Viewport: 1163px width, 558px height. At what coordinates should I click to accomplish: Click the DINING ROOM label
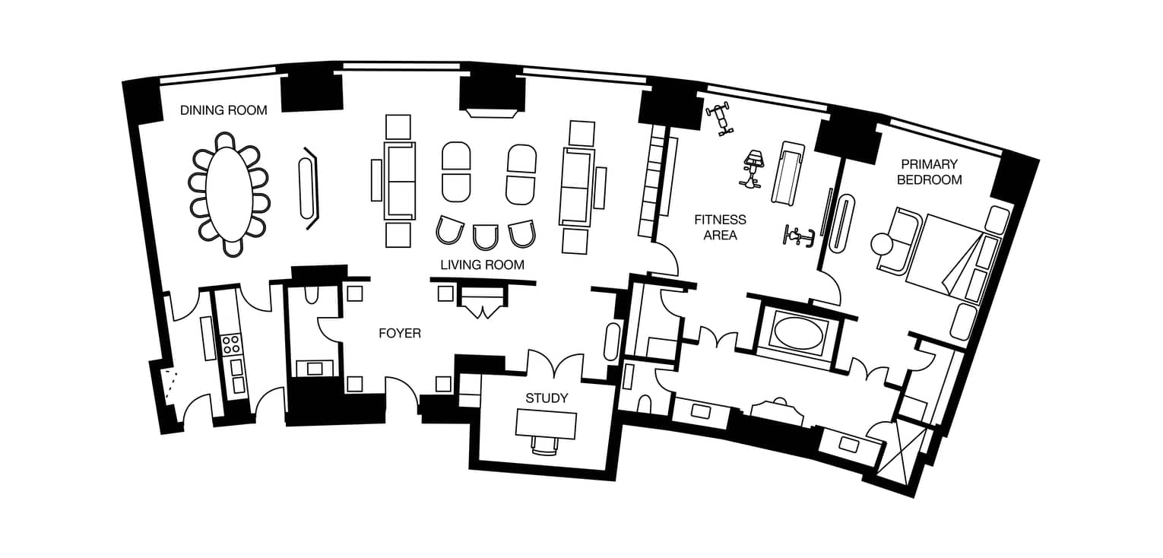click(x=223, y=110)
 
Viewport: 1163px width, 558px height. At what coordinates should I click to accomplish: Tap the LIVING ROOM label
click(x=483, y=265)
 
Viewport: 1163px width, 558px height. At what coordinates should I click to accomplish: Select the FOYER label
click(x=400, y=333)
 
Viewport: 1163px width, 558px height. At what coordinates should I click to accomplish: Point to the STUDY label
click(x=547, y=398)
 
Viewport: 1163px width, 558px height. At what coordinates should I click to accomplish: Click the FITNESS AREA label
click(x=720, y=227)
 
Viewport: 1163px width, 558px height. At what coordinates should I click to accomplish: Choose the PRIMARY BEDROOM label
click(x=930, y=172)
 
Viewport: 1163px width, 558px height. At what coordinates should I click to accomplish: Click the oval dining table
click(x=229, y=194)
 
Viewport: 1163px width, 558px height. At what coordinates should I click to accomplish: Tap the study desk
click(x=547, y=424)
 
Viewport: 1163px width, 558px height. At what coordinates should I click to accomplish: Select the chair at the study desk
click(x=545, y=445)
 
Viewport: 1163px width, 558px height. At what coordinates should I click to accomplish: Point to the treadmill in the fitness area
click(x=788, y=172)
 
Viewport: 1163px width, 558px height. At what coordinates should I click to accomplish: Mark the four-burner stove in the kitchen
click(x=230, y=344)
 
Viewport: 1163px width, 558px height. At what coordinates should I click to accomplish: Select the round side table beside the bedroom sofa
click(x=882, y=245)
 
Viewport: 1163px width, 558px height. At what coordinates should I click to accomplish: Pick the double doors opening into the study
click(x=555, y=363)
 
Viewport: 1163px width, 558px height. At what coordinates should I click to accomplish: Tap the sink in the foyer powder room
click(x=315, y=369)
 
